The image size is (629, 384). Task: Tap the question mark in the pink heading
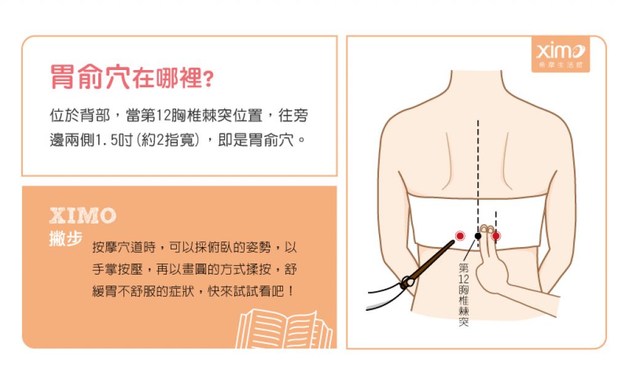(x=209, y=79)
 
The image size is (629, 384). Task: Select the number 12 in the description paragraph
(x=163, y=116)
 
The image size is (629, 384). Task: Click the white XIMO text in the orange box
(x=83, y=216)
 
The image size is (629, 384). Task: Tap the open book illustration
(x=284, y=329)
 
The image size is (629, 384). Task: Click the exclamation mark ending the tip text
(x=291, y=291)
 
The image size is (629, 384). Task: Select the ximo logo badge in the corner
(x=560, y=54)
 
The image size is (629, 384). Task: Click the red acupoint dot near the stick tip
(x=460, y=235)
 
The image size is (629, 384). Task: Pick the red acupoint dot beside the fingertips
(x=496, y=236)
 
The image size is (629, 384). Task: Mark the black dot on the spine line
(x=478, y=236)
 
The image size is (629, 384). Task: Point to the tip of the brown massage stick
(x=453, y=241)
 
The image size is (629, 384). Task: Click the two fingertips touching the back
(x=487, y=230)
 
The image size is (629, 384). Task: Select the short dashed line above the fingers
(x=496, y=221)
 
